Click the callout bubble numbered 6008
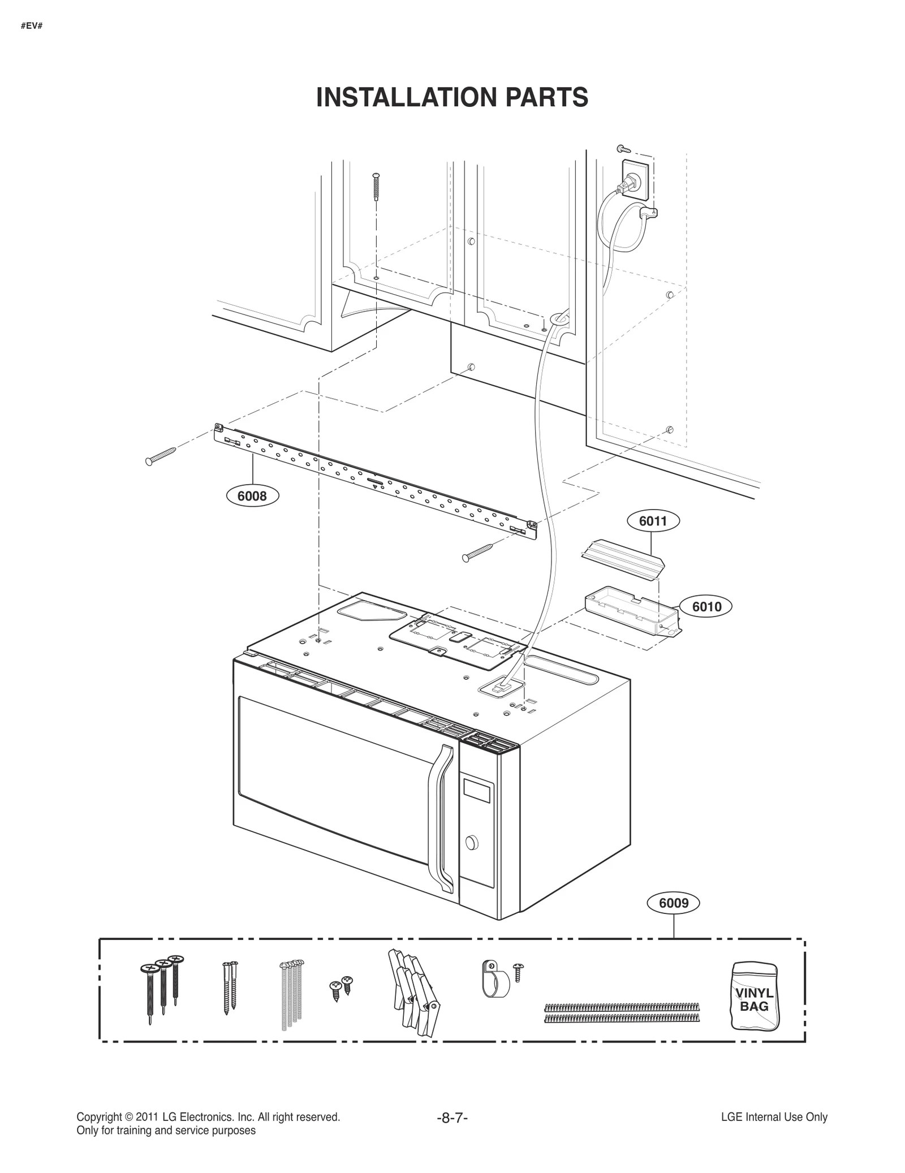pyautogui.click(x=252, y=497)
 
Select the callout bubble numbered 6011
pyautogui.click(x=653, y=521)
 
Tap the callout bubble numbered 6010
pyautogui.click(x=706, y=607)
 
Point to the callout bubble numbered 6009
pyautogui.click(x=674, y=903)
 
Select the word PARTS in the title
pyautogui.click(x=546, y=97)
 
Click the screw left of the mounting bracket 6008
pyautogui.click(x=161, y=455)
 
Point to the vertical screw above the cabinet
pyautogui.click(x=377, y=186)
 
